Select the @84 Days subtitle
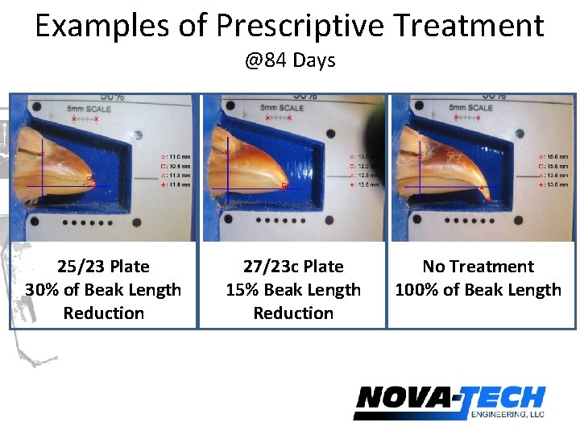pos(290,60)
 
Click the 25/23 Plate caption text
pos(103,267)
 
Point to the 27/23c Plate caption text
pos(293,267)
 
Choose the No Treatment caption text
pos(478,267)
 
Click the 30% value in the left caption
pos(40,290)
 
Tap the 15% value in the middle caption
pos(241,290)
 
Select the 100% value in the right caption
pos(414,290)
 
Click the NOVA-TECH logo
pos(449,400)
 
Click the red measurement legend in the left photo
pos(176,170)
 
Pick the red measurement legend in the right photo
pos(556,170)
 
